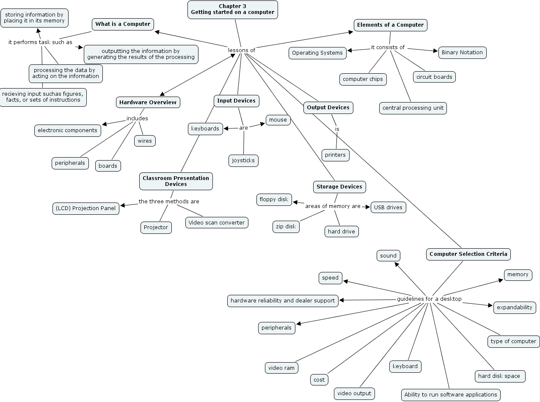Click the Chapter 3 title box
pyautogui.click(x=232, y=9)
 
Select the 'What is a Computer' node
pyautogui.click(x=123, y=24)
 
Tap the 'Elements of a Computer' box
pyautogui.click(x=390, y=25)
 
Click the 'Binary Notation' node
pyautogui.click(x=462, y=53)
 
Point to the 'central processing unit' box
pyautogui.click(x=413, y=108)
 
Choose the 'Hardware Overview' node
pyautogui.click(x=148, y=102)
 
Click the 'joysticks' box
pyautogui.click(x=243, y=161)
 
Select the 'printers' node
pyautogui.click(x=335, y=155)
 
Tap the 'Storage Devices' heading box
pyautogui.click(x=339, y=187)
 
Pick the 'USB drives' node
pyautogui.click(x=388, y=207)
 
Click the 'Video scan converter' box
pyautogui.click(x=217, y=222)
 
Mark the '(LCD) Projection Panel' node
pyautogui.click(x=85, y=208)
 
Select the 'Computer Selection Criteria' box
pyautogui.click(x=468, y=254)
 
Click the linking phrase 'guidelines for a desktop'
pyautogui.click(x=429, y=299)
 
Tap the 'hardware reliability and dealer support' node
pyautogui.click(x=283, y=301)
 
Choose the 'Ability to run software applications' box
pyautogui.click(x=451, y=395)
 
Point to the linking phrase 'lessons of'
pyautogui.click(x=242, y=50)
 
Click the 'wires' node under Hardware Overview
pyautogui.click(x=145, y=141)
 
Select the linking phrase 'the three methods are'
pyautogui.click(x=169, y=201)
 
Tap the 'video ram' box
pyautogui.click(x=281, y=368)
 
